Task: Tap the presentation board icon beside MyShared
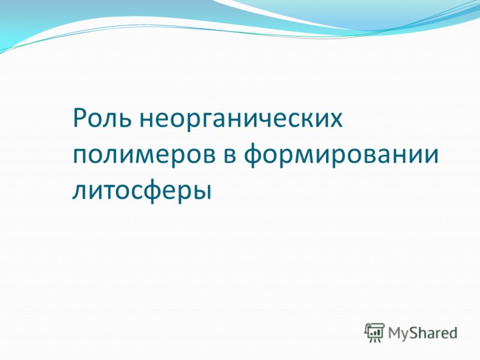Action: (374, 332)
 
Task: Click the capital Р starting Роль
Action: (80, 118)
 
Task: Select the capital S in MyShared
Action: (414, 333)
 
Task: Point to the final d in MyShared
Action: (453, 332)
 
